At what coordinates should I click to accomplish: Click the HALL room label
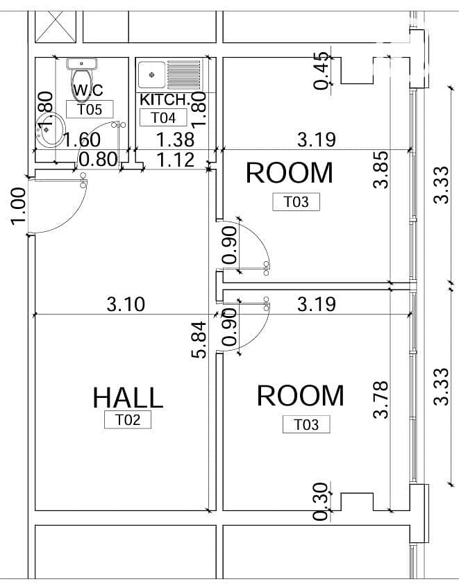coord(128,397)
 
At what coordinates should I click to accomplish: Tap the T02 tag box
coord(128,419)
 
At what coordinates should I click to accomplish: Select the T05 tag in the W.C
coord(90,109)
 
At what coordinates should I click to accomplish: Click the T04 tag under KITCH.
coord(163,117)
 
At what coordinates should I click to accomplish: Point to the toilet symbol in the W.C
coord(81,79)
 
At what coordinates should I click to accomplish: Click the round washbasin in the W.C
coord(50,129)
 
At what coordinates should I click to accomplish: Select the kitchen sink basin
coord(151,75)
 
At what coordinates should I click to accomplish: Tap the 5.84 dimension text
coord(199,340)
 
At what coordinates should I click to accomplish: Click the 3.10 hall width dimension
coord(126,304)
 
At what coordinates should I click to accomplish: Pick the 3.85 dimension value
coord(381,169)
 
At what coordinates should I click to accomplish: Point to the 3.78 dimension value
coord(381,400)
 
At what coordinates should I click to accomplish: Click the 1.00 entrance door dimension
coord(18,206)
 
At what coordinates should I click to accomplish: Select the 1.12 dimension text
coord(176,160)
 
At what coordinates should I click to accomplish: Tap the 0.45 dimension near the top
coord(322,71)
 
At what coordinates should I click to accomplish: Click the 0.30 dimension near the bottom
coord(321,501)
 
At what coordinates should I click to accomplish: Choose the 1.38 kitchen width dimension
coord(176,140)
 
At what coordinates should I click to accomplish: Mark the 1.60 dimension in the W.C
coord(81,140)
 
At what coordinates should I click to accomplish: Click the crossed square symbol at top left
coord(56,26)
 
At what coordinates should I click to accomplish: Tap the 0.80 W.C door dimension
coord(99,159)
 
